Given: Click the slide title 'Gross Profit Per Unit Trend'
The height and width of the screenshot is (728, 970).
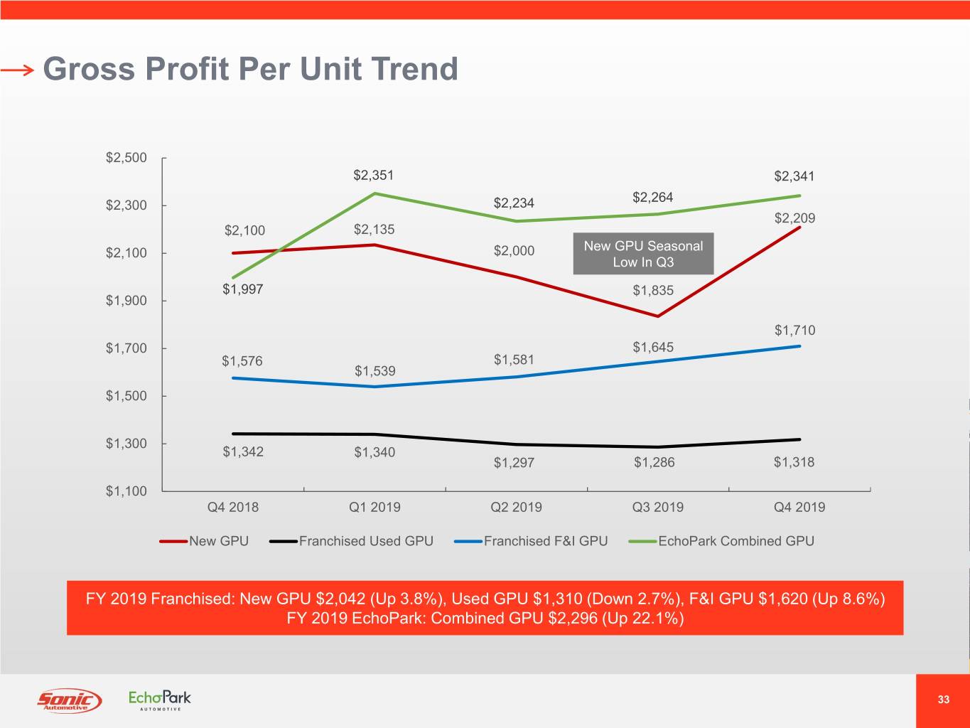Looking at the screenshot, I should (250, 69).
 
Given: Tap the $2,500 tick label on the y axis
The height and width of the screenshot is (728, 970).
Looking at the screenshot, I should (126, 157).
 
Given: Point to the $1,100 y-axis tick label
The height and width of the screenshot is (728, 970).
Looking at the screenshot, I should (126, 491).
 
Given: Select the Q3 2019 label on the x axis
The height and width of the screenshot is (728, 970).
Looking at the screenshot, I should (657, 507).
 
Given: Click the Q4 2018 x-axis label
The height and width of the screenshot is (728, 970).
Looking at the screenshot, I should (232, 507).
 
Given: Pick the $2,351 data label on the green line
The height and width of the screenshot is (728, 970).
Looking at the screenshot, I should (373, 175).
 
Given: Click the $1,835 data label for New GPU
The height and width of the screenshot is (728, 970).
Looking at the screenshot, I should (653, 290).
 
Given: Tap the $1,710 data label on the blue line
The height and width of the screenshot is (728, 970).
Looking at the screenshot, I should (794, 330).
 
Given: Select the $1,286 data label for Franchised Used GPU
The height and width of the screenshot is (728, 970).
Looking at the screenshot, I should (654, 462).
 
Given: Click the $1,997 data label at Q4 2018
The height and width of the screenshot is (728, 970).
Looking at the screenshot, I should (242, 289).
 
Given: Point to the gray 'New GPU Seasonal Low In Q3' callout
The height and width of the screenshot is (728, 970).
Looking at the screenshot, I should (643, 254).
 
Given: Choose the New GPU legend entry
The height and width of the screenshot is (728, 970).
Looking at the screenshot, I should (205, 541).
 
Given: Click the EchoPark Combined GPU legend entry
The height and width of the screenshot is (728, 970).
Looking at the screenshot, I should (722, 541).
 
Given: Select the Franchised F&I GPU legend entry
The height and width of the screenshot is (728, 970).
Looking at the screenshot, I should (532, 541).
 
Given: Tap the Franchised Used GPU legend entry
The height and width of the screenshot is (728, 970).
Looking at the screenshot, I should (352, 541).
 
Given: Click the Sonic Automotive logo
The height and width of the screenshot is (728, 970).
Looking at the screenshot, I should (69, 700).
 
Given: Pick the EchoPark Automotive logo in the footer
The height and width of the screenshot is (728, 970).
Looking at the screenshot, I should (159, 700).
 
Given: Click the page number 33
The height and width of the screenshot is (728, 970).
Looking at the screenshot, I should (943, 700).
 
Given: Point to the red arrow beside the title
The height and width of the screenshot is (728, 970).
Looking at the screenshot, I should (17, 70).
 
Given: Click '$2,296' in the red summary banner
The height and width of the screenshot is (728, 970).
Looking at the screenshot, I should (573, 618).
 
